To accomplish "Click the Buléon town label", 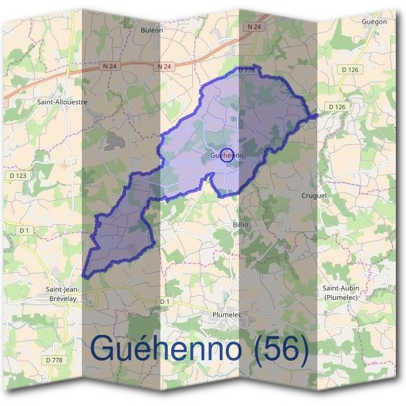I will [152, 30].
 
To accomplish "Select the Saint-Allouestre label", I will [63, 102].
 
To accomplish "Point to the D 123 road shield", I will [18, 175].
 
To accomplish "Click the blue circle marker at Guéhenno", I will [227, 154].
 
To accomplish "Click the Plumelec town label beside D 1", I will [227, 315].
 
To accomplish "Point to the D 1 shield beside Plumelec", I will [166, 300].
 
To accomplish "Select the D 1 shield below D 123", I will [25, 230].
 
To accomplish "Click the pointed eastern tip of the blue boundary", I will [316, 115].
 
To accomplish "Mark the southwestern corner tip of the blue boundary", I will [83, 276].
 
